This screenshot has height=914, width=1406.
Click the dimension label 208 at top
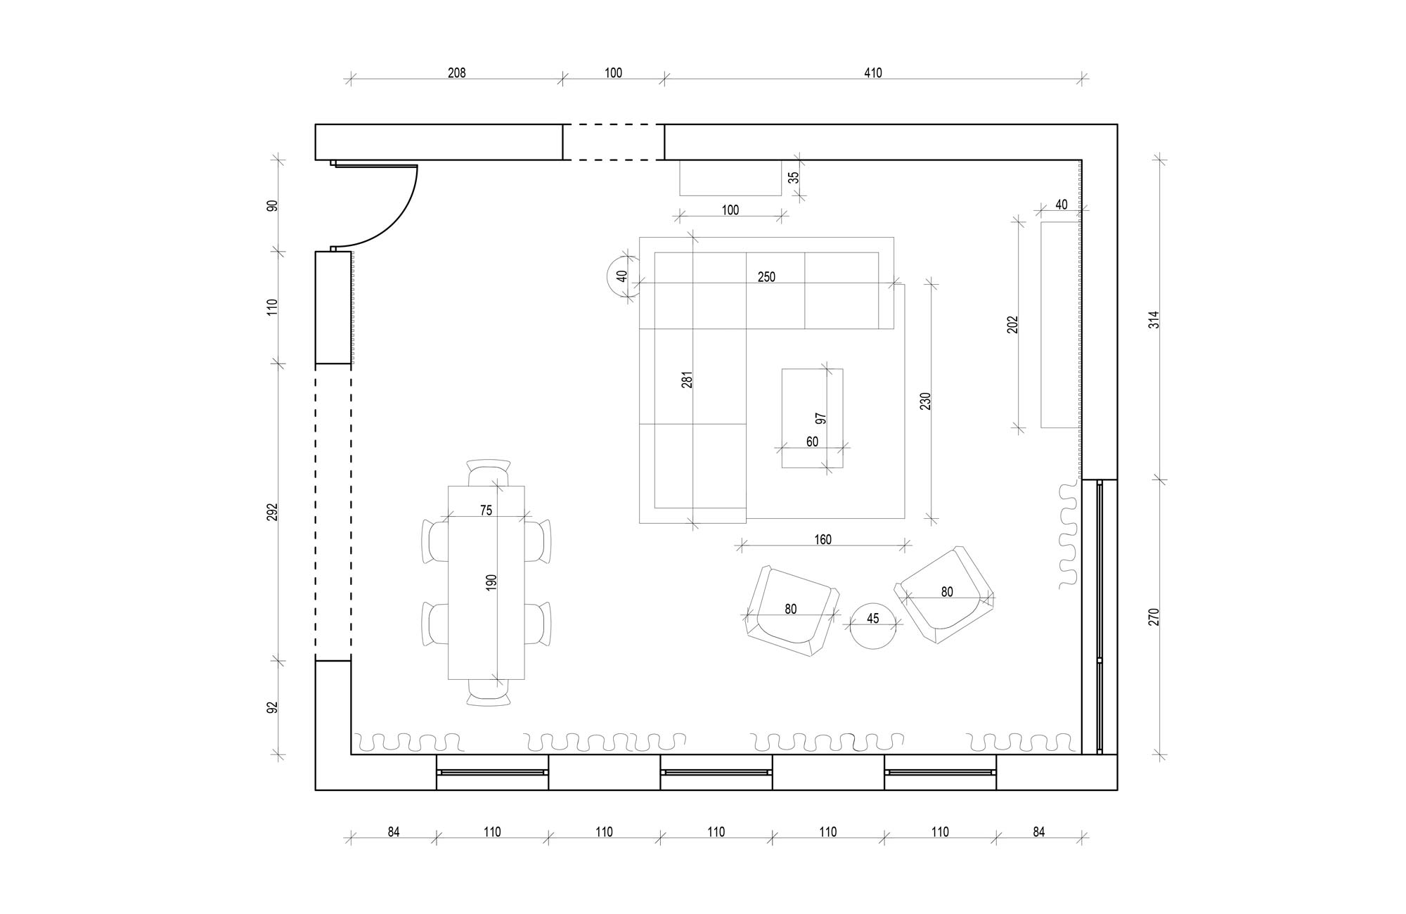(456, 72)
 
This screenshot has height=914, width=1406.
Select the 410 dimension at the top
(872, 72)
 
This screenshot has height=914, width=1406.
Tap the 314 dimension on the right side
(1154, 320)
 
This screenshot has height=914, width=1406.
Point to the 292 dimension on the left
(273, 512)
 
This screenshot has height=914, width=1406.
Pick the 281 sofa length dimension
(688, 379)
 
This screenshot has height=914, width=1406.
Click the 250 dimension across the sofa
(766, 277)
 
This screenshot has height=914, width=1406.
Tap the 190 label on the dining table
(491, 581)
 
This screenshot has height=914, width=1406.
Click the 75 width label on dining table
(486, 510)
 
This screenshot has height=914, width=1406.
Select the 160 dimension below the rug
(823, 539)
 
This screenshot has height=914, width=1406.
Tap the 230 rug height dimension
(925, 401)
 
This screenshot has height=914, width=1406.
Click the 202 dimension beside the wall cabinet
(1012, 324)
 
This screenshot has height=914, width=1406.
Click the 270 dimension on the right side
(1154, 617)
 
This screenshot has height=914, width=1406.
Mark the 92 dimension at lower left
(273, 707)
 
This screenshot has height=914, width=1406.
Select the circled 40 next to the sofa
(621, 276)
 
